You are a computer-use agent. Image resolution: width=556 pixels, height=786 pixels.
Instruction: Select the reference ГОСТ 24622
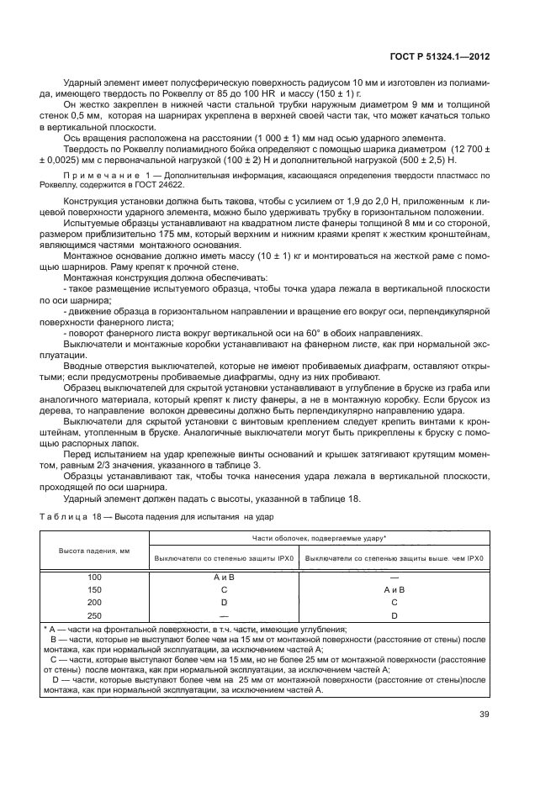167,182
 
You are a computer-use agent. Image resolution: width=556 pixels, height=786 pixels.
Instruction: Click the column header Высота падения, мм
93,550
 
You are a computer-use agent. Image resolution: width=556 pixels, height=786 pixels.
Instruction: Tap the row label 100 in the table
93,578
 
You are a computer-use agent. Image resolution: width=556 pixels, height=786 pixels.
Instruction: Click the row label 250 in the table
93,615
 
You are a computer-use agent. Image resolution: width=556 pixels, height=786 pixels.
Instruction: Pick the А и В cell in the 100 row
223,578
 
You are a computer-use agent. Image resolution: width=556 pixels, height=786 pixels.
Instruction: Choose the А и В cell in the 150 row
394,590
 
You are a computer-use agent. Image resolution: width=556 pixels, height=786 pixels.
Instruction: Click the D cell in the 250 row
394,615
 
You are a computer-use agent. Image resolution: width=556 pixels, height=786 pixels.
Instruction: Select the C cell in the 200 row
394,602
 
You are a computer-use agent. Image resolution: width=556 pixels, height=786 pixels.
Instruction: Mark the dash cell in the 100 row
394,578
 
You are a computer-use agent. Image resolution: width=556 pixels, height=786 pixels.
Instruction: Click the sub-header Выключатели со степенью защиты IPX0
223,558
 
